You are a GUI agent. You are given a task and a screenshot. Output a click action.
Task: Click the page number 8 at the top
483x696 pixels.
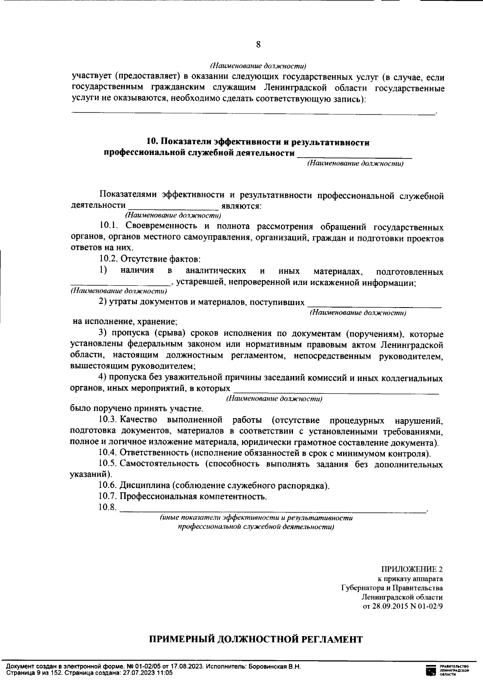pyautogui.click(x=258, y=45)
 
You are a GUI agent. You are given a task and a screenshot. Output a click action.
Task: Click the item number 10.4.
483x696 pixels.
pyautogui.click(x=108, y=454)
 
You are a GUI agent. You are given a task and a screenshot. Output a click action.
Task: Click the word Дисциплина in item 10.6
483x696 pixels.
pyautogui.click(x=144, y=486)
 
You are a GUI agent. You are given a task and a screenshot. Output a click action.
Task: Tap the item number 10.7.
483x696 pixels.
pyautogui.click(x=107, y=496)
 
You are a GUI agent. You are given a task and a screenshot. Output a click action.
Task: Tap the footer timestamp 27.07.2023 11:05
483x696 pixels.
pyautogui.click(x=148, y=673)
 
